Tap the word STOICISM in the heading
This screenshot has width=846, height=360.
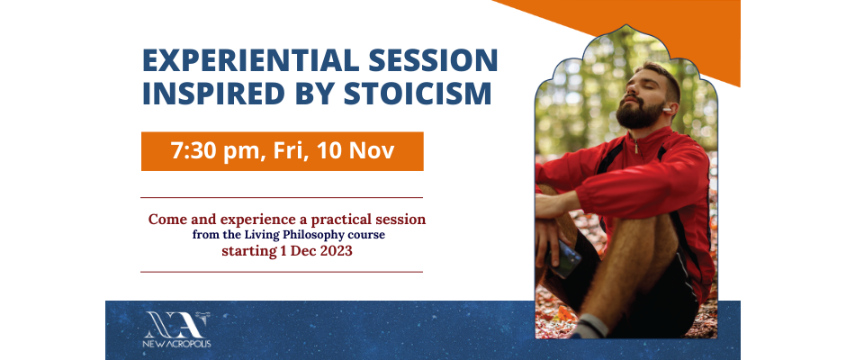tap(418, 93)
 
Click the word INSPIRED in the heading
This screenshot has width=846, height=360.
tap(213, 93)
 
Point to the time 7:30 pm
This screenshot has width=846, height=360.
tap(215, 151)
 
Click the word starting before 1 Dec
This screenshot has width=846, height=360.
tap(249, 252)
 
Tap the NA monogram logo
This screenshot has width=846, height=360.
tap(176, 325)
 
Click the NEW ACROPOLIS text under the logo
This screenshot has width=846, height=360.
tap(177, 344)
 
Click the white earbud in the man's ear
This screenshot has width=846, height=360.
tap(668, 110)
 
